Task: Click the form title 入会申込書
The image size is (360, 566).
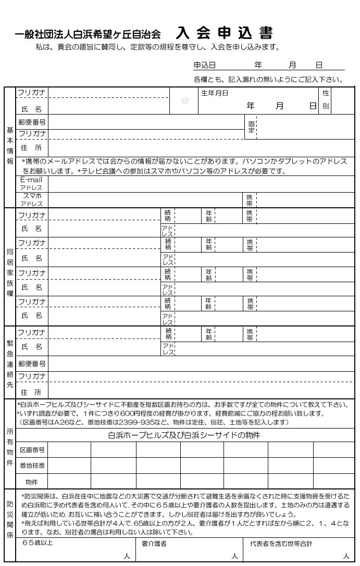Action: tap(224, 33)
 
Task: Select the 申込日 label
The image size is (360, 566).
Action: tap(204, 66)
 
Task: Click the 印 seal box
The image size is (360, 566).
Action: tap(184, 100)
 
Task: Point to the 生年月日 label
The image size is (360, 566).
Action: tap(215, 93)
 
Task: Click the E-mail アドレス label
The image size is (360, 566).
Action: tap(32, 183)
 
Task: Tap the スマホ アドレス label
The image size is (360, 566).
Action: tap(32, 199)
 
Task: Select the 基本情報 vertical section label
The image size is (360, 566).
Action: tap(10, 146)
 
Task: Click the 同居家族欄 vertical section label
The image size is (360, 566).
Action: tap(10, 272)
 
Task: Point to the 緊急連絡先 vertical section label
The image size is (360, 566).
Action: tap(10, 363)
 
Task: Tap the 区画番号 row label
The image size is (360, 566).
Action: tap(32, 450)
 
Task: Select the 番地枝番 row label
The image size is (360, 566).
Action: tap(32, 466)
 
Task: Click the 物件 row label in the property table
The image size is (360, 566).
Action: tap(32, 482)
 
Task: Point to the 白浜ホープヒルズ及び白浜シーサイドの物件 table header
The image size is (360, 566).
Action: tap(184, 435)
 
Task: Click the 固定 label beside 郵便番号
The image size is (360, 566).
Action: tap(251, 127)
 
